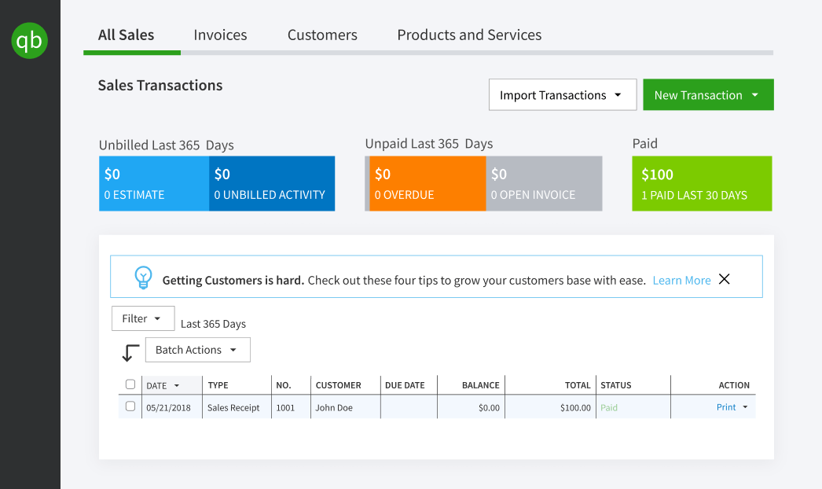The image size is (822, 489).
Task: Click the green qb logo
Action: point(30,40)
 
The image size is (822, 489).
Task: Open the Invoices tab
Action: point(220,35)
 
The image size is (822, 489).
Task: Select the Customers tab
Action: point(322,35)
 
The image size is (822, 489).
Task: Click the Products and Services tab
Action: point(469,35)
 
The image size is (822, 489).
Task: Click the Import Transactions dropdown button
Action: point(561,95)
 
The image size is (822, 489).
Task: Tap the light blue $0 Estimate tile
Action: point(154,183)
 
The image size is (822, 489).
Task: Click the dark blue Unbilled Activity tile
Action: point(271,183)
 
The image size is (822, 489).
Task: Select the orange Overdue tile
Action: point(427,183)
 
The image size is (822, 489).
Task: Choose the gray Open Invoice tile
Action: point(544,183)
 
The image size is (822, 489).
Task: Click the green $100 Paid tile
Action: point(702,183)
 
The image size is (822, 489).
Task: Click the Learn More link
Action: point(681,280)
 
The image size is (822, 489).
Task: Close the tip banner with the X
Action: point(725,279)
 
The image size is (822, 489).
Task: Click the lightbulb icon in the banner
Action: point(143,278)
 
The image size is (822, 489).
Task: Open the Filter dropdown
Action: point(142,318)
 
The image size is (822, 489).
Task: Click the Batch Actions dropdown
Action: point(197,350)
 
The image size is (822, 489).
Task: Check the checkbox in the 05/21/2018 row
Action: point(130,407)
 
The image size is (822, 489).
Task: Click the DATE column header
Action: point(162,385)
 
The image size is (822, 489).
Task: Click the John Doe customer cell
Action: point(334,408)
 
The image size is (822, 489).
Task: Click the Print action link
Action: point(726,407)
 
